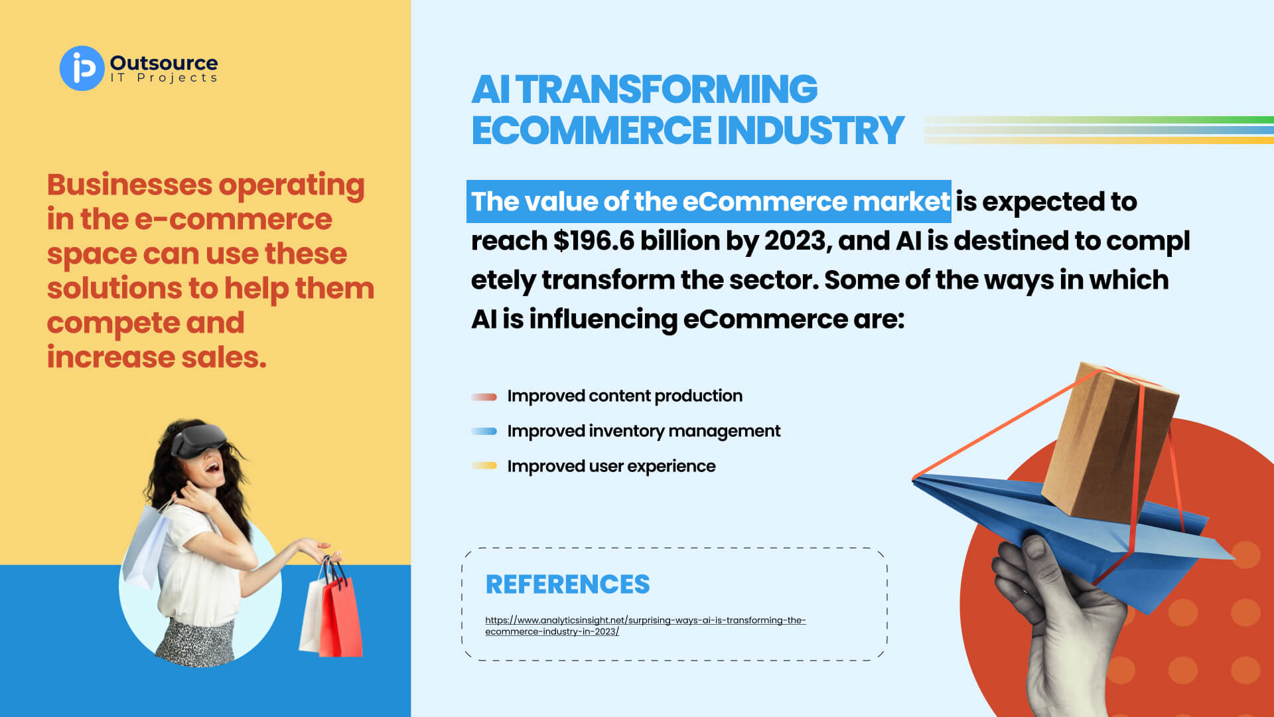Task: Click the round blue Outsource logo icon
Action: [82, 68]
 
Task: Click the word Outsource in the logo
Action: [164, 62]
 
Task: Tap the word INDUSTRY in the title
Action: [811, 129]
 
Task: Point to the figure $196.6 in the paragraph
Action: [594, 240]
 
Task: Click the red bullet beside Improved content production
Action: [484, 397]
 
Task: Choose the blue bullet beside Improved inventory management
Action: [484, 432]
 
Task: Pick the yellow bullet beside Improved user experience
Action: [484, 466]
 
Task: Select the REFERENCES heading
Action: [567, 584]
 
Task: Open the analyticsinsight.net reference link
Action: [645, 625]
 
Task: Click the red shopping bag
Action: [340, 614]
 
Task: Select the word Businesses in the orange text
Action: [130, 185]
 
